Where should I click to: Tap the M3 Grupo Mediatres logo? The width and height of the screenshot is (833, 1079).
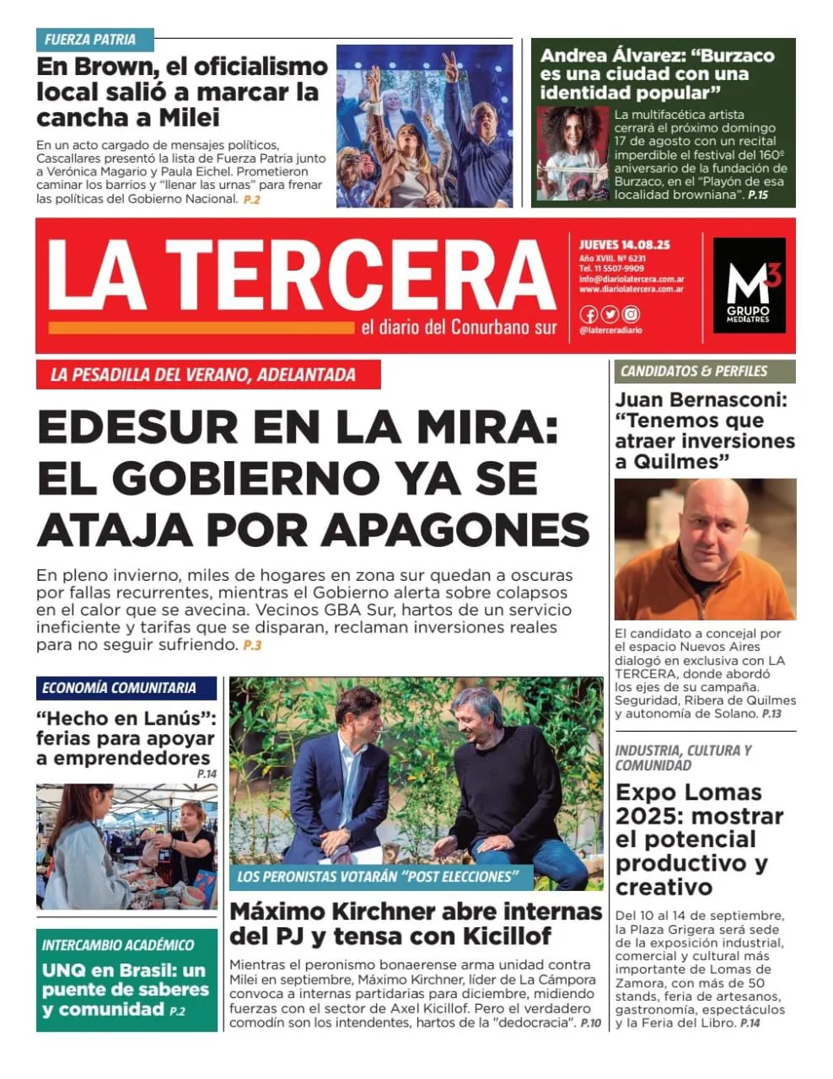pos(749,285)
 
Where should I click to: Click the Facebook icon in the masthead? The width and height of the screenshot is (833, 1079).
pos(588,314)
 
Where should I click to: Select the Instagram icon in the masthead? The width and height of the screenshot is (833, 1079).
pos(631,314)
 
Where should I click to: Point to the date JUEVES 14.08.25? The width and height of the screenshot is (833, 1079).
pos(624,244)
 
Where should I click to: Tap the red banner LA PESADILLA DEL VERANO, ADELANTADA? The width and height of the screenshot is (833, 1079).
pos(207,375)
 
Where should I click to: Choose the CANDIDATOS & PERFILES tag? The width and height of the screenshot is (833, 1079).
pos(694,371)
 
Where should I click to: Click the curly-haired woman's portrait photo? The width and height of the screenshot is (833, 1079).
pos(572,153)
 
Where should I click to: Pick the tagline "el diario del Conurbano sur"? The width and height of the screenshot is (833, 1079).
pos(459,328)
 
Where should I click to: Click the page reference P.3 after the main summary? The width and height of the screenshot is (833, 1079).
pos(252,646)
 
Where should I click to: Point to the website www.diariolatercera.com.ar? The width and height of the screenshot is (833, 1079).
pos(631,289)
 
